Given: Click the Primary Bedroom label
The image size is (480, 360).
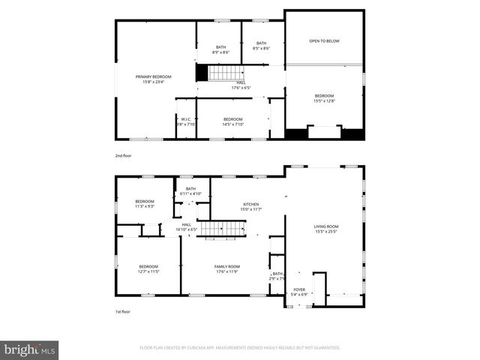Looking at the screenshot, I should pyautogui.click(x=153, y=79).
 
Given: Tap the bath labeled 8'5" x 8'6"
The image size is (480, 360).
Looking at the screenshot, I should pyautogui.click(x=261, y=46).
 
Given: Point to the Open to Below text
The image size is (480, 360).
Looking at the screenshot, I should pyautogui.click(x=324, y=40).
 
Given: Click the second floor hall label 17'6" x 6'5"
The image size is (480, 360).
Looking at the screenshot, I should pyautogui.click(x=240, y=85).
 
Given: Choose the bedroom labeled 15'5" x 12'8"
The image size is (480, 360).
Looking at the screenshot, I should pyautogui.click(x=324, y=98).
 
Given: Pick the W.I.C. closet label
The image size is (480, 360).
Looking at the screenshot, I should pyautogui.click(x=186, y=121).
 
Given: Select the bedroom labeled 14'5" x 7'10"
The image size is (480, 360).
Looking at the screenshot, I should pyautogui.click(x=232, y=121).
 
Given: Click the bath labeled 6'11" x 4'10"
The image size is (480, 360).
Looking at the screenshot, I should pyautogui.click(x=190, y=191).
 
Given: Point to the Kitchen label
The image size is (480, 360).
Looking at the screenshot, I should pyautogui.click(x=250, y=206).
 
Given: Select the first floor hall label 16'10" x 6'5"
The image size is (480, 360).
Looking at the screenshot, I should pyautogui.click(x=186, y=226).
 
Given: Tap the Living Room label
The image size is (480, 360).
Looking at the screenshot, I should pyautogui.click(x=326, y=229).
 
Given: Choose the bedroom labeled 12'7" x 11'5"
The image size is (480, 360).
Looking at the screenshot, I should pyautogui.click(x=148, y=268).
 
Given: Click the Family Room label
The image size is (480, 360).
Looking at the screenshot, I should pyautogui.click(x=226, y=268).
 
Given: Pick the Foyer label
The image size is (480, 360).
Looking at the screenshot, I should pyautogui.click(x=299, y=292).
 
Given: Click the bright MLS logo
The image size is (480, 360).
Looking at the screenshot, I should pyautogui.click(x=30, y=349).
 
